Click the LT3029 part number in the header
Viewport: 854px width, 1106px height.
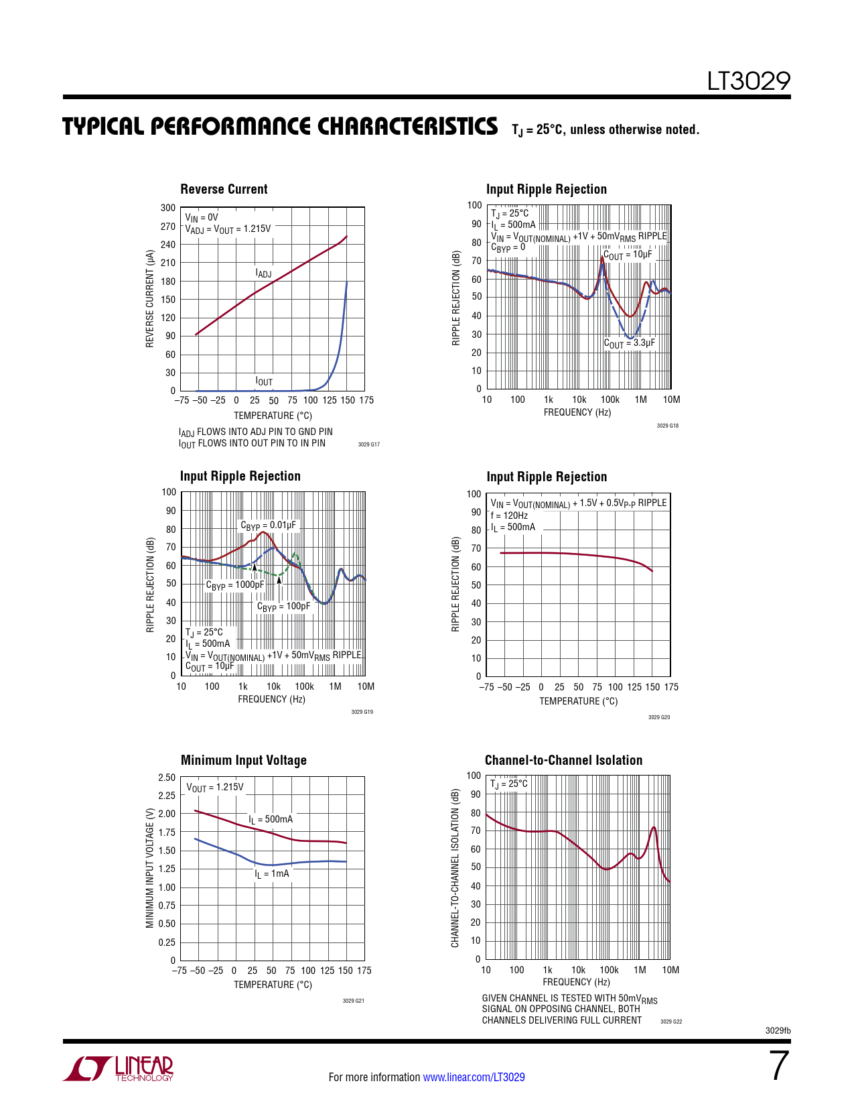coord(749,82)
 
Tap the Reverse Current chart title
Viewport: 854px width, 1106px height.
coord(224,190)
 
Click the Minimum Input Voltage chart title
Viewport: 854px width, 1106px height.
coord(244,761)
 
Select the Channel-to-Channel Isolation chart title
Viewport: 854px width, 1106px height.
coord(563,761)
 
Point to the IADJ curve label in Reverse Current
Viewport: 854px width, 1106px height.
coord(263,273)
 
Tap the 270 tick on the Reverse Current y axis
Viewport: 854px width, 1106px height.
coord(168,227)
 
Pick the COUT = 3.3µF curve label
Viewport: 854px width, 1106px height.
coord(629,343)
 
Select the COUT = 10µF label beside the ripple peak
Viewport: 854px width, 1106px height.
coord(628,255)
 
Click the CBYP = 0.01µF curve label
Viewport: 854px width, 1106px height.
coord(268,526)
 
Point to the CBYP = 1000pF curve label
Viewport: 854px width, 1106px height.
coord(234,585)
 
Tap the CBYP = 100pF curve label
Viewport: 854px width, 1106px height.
coord(283,607)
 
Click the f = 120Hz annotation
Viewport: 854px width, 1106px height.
coord(509,515)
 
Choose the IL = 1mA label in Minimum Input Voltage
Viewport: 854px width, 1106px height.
coord(272,874)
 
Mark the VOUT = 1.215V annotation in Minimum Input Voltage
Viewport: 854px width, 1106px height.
coord(215,788)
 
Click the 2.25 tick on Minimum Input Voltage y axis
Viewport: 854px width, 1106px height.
coord(167,796)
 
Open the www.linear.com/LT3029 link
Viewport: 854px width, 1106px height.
coord(474,1077)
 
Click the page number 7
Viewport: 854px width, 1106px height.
coord(778,1066)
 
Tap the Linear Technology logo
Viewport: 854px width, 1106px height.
coord(119,1068)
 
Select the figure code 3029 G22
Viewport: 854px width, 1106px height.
coord(670,1022)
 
